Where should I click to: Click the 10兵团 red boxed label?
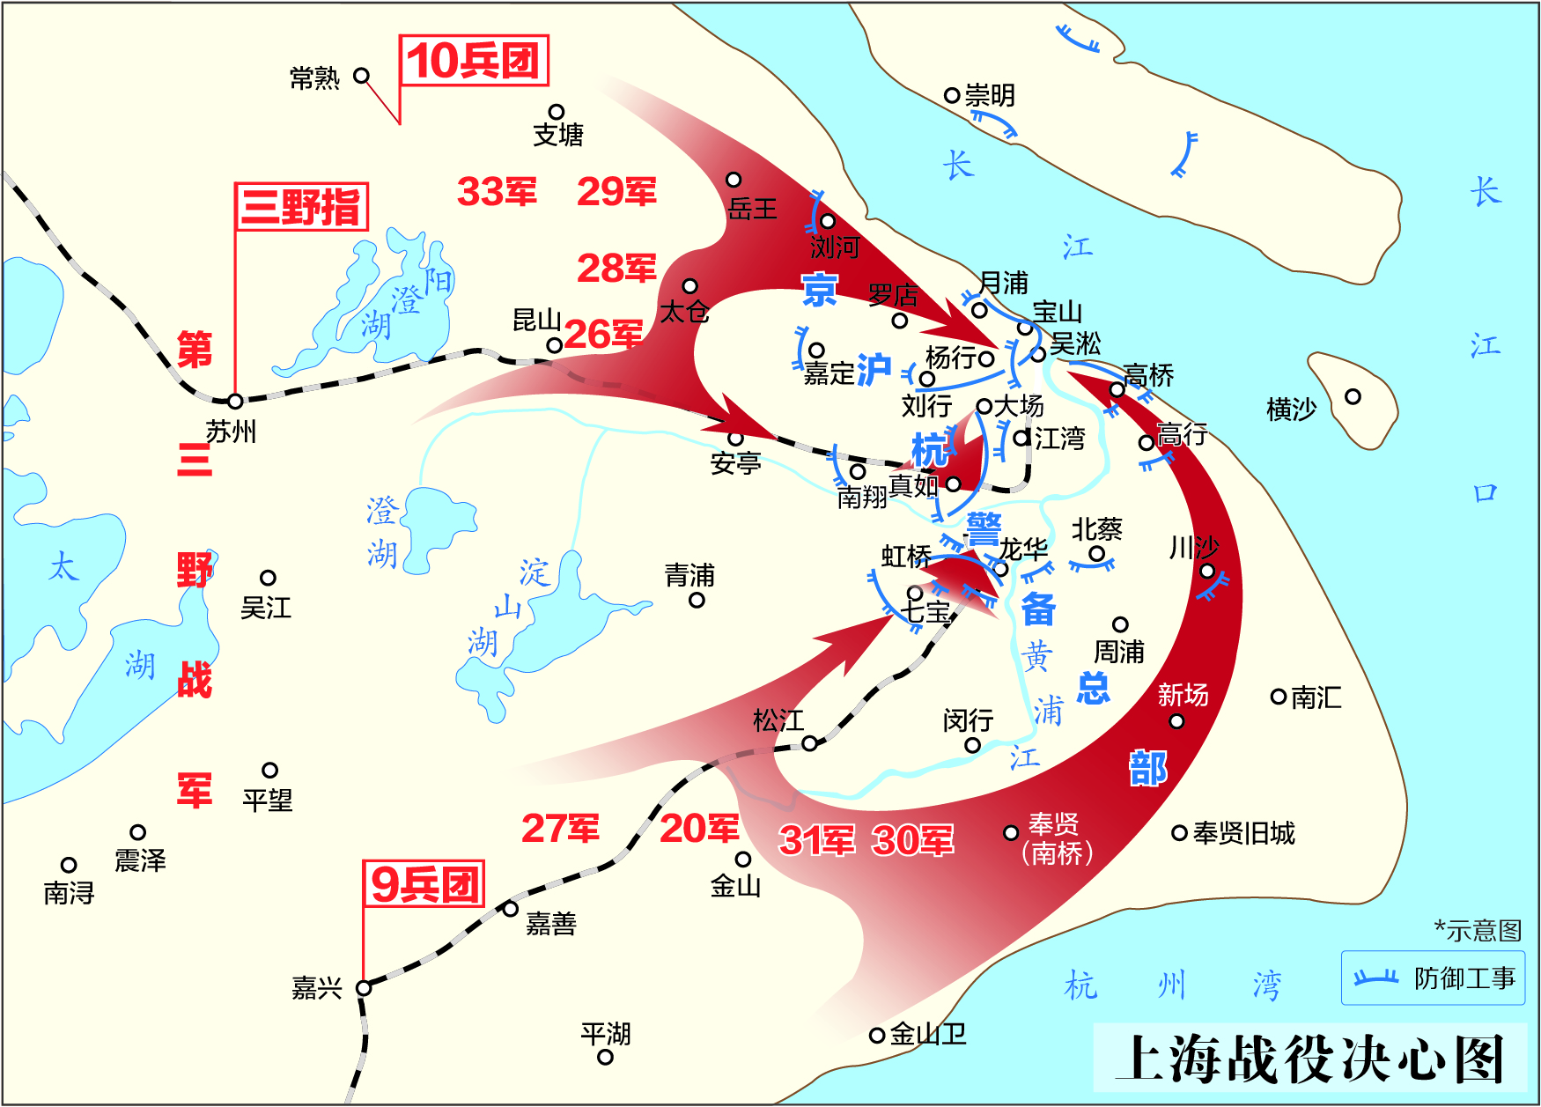pyautogui.click(x=474, y=61)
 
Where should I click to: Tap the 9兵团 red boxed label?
pyautogui.click(x=424, y=884)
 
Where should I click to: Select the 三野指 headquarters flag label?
pyautogui.click(x=300, y=207)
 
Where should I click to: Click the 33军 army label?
pyautogui.click(x=497, y=191)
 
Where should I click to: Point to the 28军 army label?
pyautogui.click(x=616, y=268)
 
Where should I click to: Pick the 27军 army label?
pyautogui.click(x=560, y=828)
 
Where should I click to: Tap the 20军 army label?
pyautogui.click(x=699, y=828)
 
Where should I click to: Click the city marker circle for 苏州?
pyautogui.click(x=235, y=402)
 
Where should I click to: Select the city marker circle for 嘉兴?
pyautogui.click(x=364, y=988)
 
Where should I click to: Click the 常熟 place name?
pyautogui.click(x=314, y=78)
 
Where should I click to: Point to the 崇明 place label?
pyautogui.click(x=990, y=95)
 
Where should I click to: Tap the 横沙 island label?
pyautogui.click(x=1291, y=409)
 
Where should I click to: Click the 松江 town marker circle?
pyautogui.click(x=809, y=743)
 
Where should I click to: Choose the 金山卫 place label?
pyautogui.click(x=928, y=1034)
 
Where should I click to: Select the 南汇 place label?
pyautogui.click(x=1316, y=697)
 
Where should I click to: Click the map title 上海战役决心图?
pyautogui.click(x=1310, y=1058)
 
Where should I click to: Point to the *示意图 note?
pyautogui.click(x=1478, y=930)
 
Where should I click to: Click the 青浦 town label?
pyautogui.click(x=689, y=576)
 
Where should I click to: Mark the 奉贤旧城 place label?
pyautogui.click(x=1243, y=833)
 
